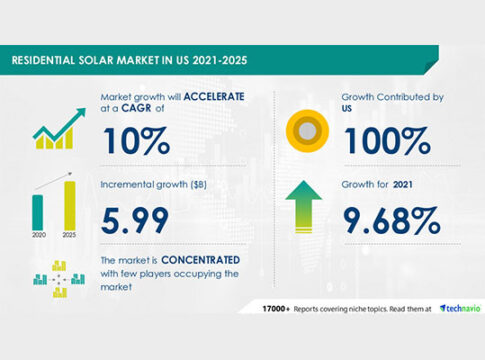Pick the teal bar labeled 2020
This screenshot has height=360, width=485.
coord(38,210)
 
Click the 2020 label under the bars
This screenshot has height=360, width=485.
coord(38,234)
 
